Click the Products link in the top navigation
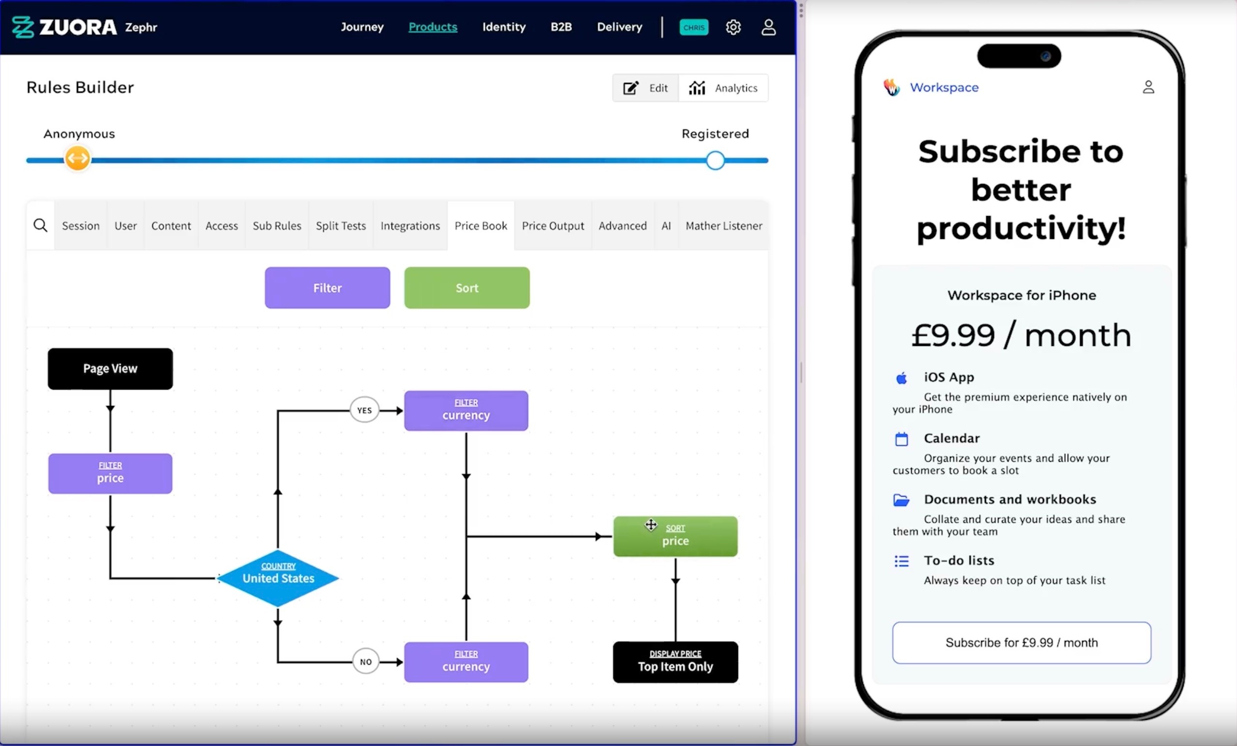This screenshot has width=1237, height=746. [x=433, y=27]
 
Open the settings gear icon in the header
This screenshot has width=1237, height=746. [x=733, y=27]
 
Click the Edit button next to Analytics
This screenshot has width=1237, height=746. [x=646, y=88]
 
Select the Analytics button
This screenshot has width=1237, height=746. [x=724, y=88]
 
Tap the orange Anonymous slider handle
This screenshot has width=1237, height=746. [x=77, y=159]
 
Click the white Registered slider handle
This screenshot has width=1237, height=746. [x=715, y=161]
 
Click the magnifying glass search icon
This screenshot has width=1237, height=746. [x=41, y=226]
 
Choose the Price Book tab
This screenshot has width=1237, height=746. [x=481, y=226]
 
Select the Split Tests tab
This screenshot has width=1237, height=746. [x=341, y=226]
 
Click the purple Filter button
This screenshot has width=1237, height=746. [x=327, y=288]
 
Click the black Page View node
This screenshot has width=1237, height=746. [x=110, y=369]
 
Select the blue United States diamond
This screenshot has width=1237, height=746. [x=278, y=578]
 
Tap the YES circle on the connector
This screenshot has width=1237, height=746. [x=364, y=410]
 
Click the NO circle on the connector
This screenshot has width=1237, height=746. [x=366, y=662]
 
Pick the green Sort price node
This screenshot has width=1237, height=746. [x=675, y=537]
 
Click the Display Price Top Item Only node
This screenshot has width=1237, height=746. [x=675, y=662]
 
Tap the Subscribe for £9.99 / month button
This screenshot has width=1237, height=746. [x=1022, y=642]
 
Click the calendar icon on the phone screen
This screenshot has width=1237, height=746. [x=902, y=439]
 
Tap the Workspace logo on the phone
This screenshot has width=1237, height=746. [x=891, y=87]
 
